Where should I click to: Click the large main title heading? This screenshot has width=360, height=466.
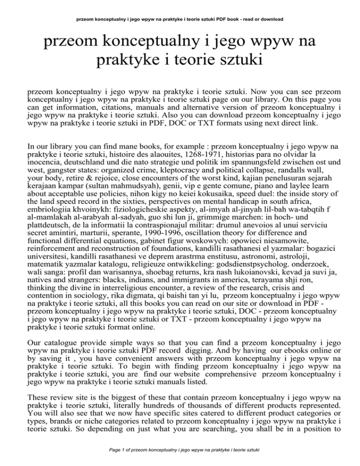pyautogui.click(x=180, y=52)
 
